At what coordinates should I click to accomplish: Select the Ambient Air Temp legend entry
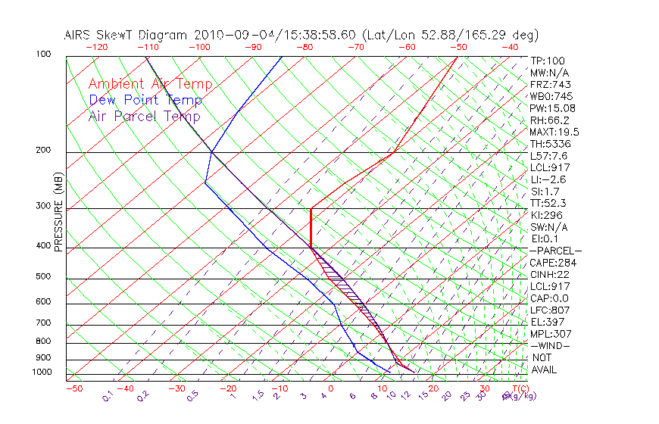tap(151, 85)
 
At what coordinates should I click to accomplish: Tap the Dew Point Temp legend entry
tap(145, 101)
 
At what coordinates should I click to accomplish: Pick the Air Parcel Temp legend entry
tap(145, 117)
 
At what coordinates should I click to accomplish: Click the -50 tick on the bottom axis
tap(73, 388)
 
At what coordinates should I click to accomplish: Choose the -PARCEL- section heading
tap(555, 251)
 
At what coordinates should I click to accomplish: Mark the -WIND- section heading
tap(551, 346)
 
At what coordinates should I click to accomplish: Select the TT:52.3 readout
tap(549, 203)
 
